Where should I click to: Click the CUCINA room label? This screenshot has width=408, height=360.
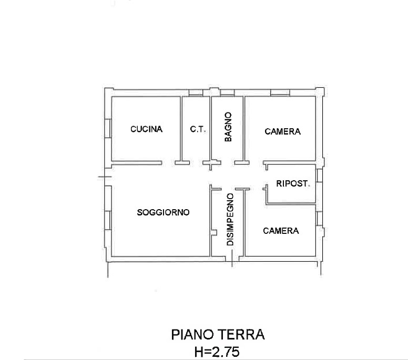pos(147,129)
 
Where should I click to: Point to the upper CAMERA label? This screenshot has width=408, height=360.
pos(282,132)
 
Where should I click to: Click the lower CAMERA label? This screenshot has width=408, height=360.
pos(281,231)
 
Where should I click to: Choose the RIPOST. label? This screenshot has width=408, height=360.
pos(293,184)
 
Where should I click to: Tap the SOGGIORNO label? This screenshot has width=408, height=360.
pos(163,213)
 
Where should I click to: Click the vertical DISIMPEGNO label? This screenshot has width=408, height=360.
pos(230,220)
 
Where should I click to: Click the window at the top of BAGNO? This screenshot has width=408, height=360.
pos(227,93)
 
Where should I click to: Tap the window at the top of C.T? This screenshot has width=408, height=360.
pos(196,93)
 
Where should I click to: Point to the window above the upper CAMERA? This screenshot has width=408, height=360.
pos(280,93)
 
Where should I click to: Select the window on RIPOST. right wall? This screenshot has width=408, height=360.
pos(319,176)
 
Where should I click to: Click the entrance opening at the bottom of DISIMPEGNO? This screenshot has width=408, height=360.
pos(232,258)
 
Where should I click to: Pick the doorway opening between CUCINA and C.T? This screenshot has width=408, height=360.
pos(168,163)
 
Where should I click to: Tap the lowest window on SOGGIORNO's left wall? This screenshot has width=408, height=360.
pos(107,221)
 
